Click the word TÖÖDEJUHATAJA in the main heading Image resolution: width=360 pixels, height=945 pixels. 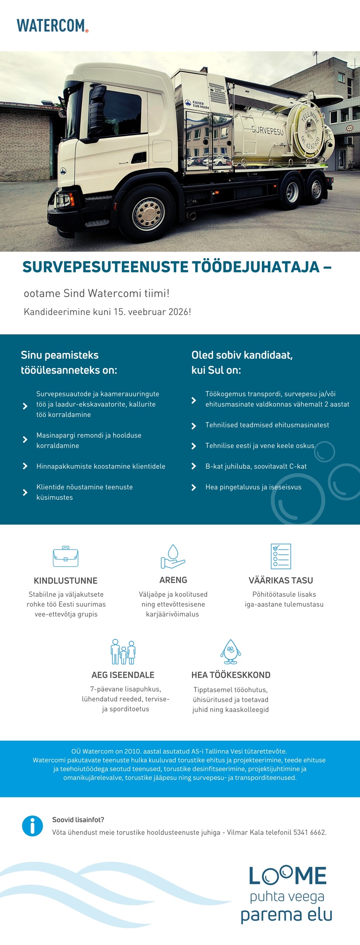pyautogui.click(x=256, y=267)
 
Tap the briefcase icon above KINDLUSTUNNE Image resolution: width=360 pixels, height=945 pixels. pyautogui.click(x=65, y=556)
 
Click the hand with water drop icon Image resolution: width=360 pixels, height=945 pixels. pyautogui.click(x=173, y=556)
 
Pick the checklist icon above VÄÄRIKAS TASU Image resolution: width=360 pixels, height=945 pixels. pyautogui.click(x=281, y=556)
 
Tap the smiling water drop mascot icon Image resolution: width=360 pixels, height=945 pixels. pyautogui.click(x=231, y=652)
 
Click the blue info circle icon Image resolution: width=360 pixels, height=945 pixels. pyautogui.click(x=32, y=826)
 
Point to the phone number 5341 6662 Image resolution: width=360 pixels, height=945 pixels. pyautogui.click(x=309, y=832)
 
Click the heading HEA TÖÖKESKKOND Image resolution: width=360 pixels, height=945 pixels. pyautogui.click(x=231, y=675)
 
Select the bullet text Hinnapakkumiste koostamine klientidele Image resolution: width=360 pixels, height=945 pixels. pyautogui.click(x=101, y=466)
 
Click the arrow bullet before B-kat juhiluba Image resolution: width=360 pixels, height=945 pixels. pyautogui.click(x=194, y=466)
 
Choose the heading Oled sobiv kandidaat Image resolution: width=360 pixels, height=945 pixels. pyautogui.click(x=242, y=355)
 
